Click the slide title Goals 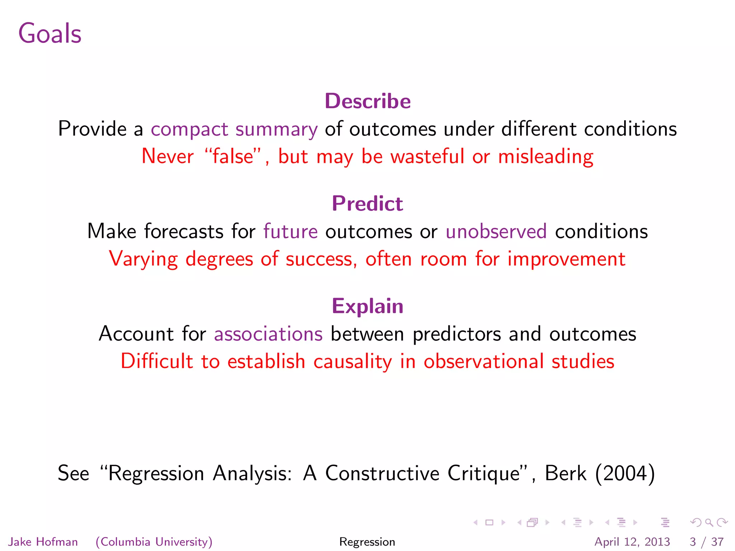[x=50, y=33]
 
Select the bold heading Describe [x=367, y=101]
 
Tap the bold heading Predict [x=367, y=203]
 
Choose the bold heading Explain [x=367, y=306]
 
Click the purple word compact [x=189, y=129]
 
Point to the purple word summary [x=276, y=129]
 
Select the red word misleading [x=546, y=156]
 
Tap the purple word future [x=290, y=231]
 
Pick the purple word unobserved [x=496, y=231]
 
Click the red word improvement [x=566, y=259]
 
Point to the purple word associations [x=268, y=334]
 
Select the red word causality [x=353, y=361]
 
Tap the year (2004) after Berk [x=625, y=473]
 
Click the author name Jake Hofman [x=43, y=542]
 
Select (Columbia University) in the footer [x=154, y=542]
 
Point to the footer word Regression [x=367, y=542]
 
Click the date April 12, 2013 [x=632, y=542]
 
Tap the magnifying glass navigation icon [x=709, y=522]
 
